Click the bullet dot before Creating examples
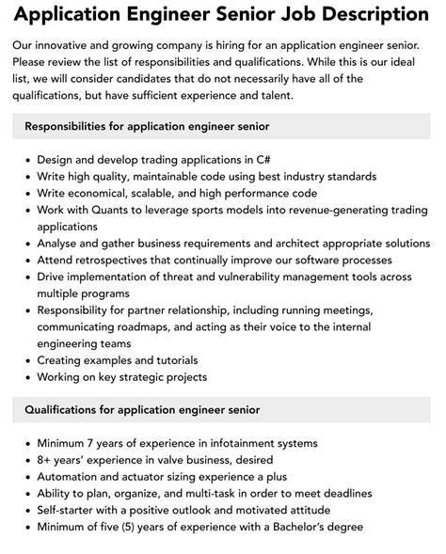pyautogui.click(x=27, y=361)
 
